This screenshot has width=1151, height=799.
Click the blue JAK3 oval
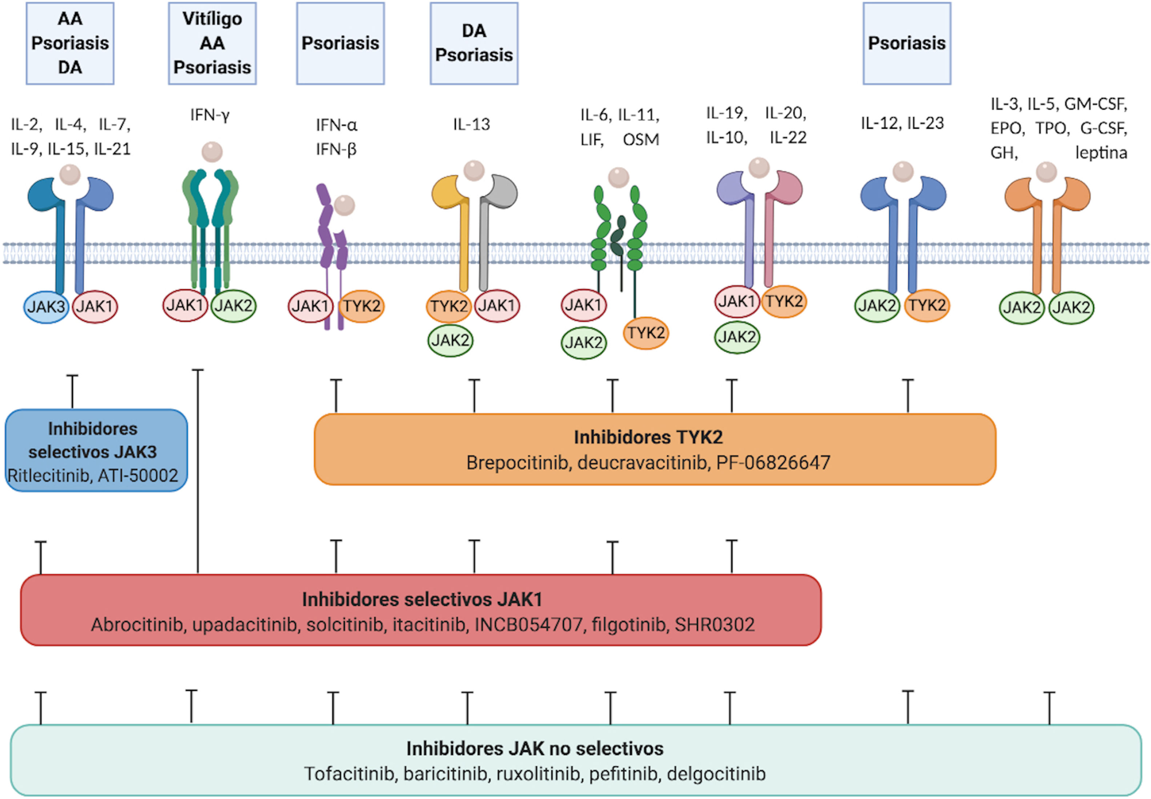(x=46, y=306)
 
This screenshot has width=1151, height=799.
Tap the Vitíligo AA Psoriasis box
(x=212, y=43)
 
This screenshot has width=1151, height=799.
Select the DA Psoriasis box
(x=474, y=43)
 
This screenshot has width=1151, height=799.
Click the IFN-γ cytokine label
(x=210, y=116)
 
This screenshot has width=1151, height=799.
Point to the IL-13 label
(x=471, y=124)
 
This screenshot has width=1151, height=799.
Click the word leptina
(x=1101, y=153)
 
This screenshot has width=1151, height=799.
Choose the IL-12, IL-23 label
(x=902, y=123)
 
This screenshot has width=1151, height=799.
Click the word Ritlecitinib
(x=49, y=475)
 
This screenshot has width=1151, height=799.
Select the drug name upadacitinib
(x=245, y=625)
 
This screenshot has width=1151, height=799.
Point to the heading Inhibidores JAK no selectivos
(x=535, y=748)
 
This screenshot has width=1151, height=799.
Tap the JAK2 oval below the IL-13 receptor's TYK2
(x=450, y=340)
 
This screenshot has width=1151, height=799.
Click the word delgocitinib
(x=716, y=774)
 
